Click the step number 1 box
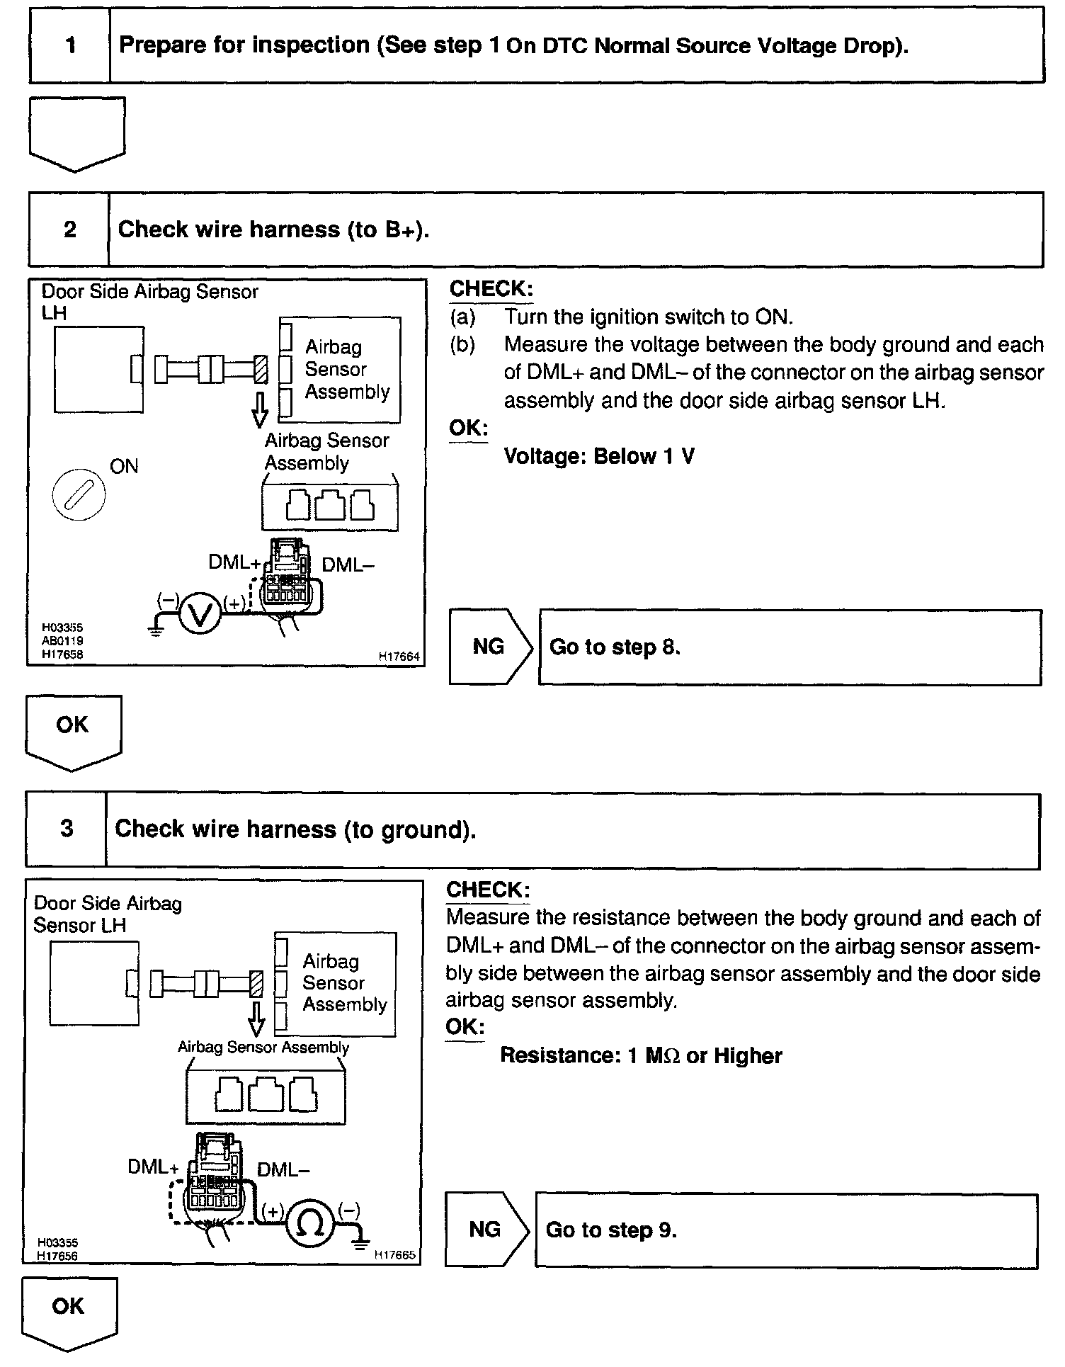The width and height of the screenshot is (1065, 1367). pos(70,46)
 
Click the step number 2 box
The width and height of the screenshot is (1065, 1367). pos(69,229)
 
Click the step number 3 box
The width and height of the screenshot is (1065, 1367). pos(67,829)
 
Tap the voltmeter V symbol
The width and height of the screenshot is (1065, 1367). pos(200,613)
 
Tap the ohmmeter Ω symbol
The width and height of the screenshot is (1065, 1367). pos(311,1223)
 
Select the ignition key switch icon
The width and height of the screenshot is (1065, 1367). pos(79,494)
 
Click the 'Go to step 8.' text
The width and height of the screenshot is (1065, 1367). pos(615,647)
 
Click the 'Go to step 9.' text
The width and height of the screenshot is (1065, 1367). pos(611,1230)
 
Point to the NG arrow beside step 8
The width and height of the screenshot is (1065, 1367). pos(490,647)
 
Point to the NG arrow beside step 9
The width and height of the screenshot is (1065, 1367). pos(486,1230)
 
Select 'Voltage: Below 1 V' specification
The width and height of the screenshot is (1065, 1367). pos(599,456)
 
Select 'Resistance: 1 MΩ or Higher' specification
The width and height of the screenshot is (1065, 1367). pos(641,1055)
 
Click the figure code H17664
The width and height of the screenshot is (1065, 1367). pos(399,657)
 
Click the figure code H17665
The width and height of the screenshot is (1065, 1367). pos(394,1254)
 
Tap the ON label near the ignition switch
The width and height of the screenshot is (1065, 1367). pos(124,466)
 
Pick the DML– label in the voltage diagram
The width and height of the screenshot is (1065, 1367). pos(347,565)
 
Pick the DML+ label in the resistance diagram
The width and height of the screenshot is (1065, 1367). pos(153,1167)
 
